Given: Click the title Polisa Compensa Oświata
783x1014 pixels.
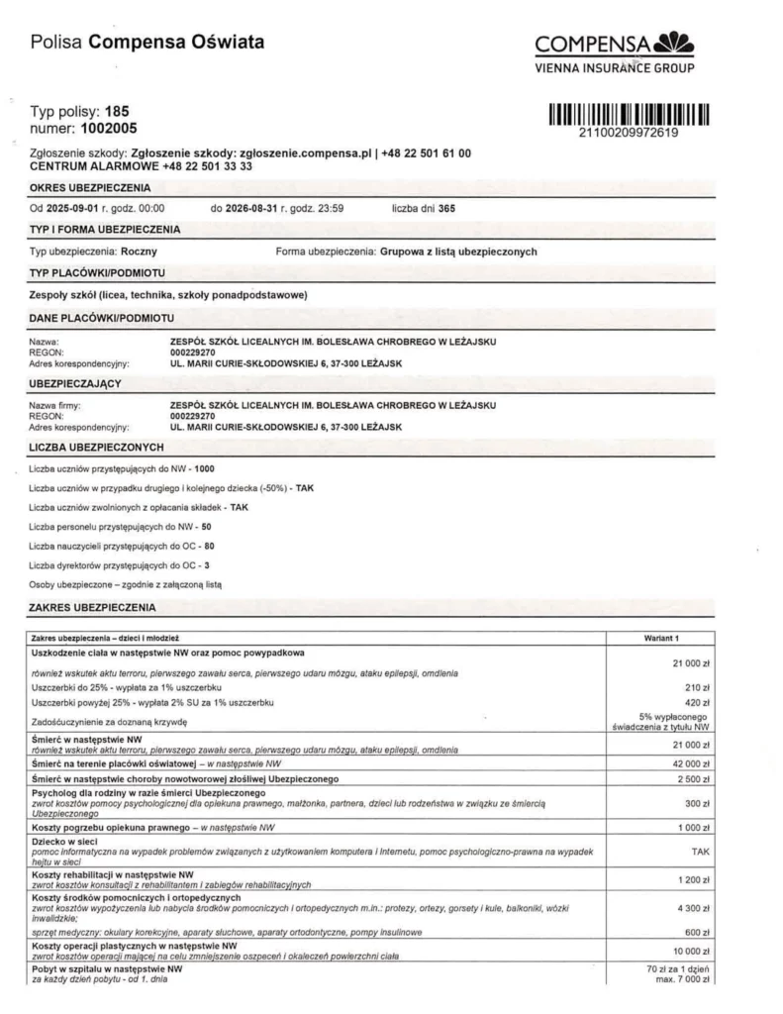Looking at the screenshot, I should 147,43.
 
